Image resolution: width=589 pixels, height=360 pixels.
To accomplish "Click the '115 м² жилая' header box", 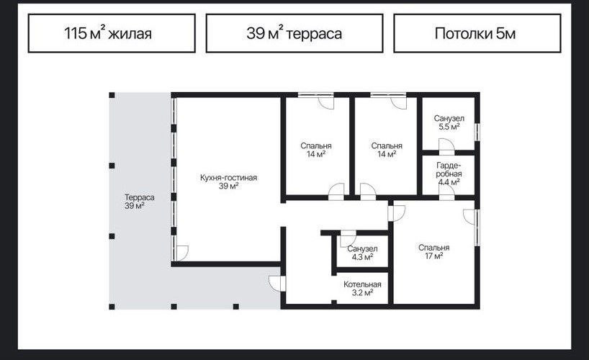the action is click(x=112, y=33).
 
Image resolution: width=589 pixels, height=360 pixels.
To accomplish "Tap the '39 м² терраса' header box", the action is click(x=294, y=33).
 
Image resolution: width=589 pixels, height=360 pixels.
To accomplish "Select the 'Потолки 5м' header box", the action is click(x=477, y=33).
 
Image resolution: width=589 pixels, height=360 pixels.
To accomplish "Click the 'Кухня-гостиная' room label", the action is click(x=228, y=177).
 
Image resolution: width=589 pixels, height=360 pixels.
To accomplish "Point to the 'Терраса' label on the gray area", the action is click(x=140, y=197).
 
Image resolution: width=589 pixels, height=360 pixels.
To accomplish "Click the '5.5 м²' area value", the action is click(x=449, y=127).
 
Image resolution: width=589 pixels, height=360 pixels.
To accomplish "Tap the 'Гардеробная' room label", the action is click(x=449, y=169).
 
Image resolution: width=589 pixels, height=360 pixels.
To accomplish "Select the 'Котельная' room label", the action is click(x=362, y=284).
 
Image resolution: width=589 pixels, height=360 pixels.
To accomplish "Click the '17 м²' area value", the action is click(x=434, y=256).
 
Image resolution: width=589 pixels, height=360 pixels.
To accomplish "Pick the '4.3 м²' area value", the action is click(x=362, y=257).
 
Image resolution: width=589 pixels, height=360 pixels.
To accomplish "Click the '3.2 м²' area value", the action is click(x=362, y=293).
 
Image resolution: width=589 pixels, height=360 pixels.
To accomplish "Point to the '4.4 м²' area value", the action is click(x=449, y=182).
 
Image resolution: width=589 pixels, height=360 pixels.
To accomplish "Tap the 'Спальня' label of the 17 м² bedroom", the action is click(x=434, y=248).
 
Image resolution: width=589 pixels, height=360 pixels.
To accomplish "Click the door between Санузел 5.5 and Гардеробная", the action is click(x=446, y=147).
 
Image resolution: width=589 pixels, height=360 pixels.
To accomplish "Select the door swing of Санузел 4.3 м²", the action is click(x=349, y=239).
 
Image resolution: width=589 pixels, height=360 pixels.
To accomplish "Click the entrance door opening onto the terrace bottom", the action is click(x=277, y=284).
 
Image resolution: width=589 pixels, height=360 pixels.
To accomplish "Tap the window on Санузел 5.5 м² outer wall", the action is click(x=477, y=132).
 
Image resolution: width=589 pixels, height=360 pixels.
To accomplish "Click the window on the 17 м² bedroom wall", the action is click(x=477, y=228).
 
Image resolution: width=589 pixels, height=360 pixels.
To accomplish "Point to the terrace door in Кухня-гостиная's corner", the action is click(x=181, y=253).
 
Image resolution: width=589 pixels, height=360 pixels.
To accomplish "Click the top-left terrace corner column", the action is click(x=112, y=95).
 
